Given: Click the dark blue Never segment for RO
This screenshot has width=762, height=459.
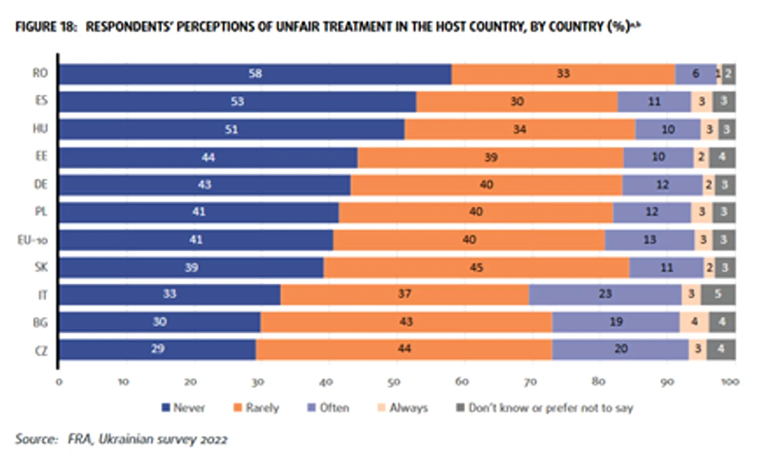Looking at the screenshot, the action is pos(255,74).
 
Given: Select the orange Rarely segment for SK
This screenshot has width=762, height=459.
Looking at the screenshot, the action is pos(476,267).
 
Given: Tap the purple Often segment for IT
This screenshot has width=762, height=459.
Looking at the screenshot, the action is pos(605,294).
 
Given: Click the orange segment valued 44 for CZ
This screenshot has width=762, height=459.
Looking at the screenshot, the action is pos(404,349).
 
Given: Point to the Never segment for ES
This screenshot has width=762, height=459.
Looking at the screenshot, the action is pos(238,102).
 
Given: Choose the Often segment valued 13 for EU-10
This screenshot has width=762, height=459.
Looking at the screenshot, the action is pos(649,240).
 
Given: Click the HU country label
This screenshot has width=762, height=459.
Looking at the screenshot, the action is pos(40,129).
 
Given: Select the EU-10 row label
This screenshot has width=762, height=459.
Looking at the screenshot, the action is pos(32,241).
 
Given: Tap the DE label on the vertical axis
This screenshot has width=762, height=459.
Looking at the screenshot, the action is pos(41,184).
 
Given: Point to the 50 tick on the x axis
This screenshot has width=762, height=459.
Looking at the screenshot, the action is pos(394,382).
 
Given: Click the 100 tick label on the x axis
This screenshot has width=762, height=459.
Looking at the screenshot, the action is pos(730,382).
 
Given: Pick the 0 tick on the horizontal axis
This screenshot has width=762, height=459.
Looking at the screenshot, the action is pos(59,382).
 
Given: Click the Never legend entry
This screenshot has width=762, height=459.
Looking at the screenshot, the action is pos(184,408).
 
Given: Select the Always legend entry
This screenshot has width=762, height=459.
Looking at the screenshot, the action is pos(403,408).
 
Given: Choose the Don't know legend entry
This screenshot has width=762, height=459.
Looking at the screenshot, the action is pos(545,408).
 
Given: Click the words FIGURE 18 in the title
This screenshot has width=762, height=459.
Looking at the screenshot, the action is pos(47,27).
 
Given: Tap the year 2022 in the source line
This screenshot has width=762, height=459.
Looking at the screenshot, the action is pos(214,439).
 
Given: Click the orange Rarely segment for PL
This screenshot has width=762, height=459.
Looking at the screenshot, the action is pos(476,212).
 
